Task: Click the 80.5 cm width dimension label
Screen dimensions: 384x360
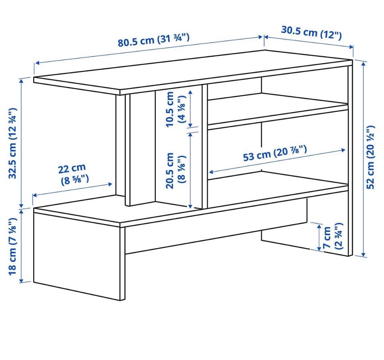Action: (154, 40)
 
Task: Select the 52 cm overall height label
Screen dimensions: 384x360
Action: (370, 157)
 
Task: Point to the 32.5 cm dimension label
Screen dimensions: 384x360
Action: (13, 143)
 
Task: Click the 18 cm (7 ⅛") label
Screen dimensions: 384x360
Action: (12, 247)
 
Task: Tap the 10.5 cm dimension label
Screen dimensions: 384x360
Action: (176, 109)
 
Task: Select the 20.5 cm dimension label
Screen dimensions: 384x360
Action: (176, 170)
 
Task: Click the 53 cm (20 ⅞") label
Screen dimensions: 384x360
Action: (275, 153)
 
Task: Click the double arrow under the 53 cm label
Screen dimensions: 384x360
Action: (277, 161)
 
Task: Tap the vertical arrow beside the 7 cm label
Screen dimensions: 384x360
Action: (319, 237)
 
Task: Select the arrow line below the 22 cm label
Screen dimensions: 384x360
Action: (72, 189)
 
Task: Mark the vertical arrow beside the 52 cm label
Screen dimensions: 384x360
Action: (364, 158)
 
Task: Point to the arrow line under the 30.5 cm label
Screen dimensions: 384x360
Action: (308, 42)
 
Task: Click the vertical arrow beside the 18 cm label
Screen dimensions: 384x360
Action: (22, 246)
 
